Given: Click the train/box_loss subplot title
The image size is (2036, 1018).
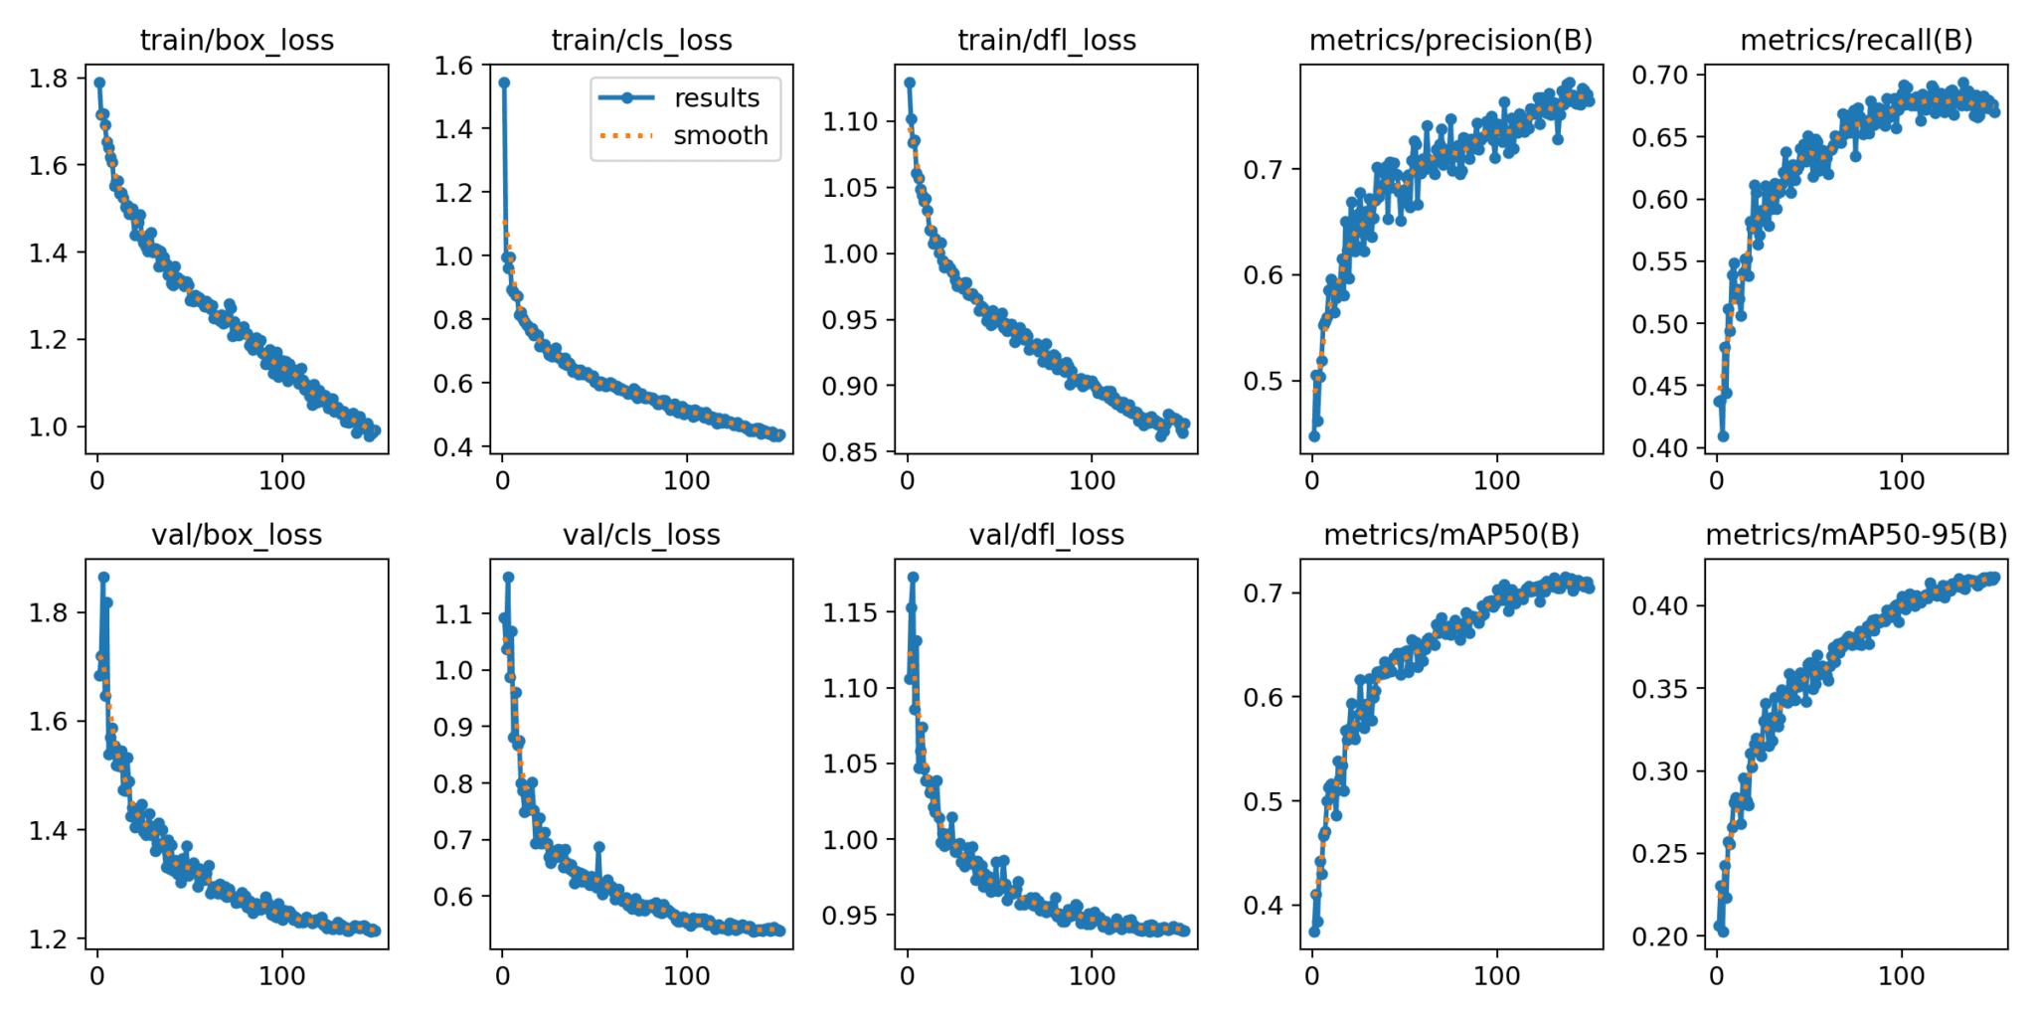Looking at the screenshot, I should click(237, 40).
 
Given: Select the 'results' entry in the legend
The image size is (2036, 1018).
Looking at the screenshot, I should click(716, 97).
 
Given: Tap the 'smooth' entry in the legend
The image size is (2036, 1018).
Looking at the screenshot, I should click(720, 135).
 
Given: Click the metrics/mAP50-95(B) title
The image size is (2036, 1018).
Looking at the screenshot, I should click(1855, 535).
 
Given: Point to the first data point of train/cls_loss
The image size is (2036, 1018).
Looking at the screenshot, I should click(504, 83).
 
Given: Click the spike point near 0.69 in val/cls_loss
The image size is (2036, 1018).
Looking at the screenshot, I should click(598, 847).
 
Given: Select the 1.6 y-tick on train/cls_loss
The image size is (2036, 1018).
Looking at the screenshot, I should click(454, 66).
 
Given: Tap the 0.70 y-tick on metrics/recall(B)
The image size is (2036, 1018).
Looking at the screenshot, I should click(1659, 75).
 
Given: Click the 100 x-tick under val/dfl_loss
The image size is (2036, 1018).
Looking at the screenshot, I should click(1092, 975).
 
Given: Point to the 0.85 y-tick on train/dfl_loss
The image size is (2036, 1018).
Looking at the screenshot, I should click(851, 451).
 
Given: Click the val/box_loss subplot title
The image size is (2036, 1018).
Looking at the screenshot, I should click(237, 535).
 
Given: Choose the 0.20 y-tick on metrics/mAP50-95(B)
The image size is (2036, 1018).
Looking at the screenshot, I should click(1659, 935).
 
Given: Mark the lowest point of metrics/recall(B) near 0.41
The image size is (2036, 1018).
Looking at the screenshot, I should click(1723, 435).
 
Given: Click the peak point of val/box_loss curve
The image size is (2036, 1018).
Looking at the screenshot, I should click(103, 577).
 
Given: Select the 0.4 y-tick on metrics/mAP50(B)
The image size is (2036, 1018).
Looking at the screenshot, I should click(1264, 905).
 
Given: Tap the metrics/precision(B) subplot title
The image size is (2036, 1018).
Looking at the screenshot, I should click(1450, 40).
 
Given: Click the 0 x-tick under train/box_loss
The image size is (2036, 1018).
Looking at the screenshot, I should click(97, 480).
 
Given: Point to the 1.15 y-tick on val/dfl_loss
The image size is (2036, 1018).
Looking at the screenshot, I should click(851, 611).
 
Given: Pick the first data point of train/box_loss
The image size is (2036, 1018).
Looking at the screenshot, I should click(99, 83).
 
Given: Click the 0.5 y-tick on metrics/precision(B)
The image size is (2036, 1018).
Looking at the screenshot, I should click(1264, 381).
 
